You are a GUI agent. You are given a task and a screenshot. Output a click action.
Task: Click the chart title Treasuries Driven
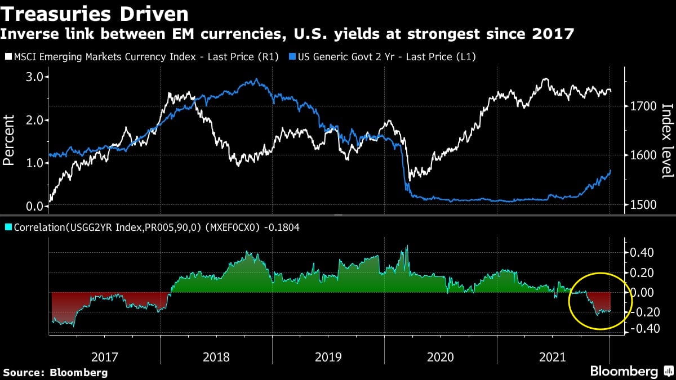pyautogui.click(x=96, y=13)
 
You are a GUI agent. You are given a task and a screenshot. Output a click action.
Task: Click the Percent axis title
pyautogui.click(x=9, y=140)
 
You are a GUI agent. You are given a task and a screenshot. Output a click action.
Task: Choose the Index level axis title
pyautogui.click(x=667, y=141)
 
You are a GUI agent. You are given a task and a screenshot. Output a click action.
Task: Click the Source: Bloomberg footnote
pyautogui.click(x=55, y=372)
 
